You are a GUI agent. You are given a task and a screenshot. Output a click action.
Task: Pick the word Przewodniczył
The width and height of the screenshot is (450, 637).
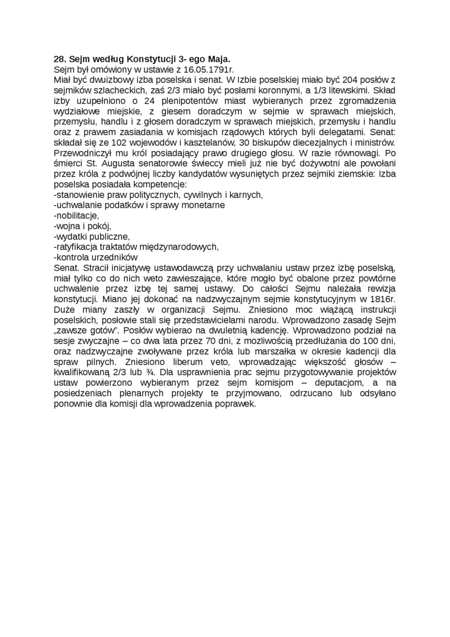(x=82, y=153)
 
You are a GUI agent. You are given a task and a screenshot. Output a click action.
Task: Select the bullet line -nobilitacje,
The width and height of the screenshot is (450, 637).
(x=76, y=215)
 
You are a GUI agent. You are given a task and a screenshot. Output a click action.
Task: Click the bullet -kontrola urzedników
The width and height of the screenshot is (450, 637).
(x=95, y=257)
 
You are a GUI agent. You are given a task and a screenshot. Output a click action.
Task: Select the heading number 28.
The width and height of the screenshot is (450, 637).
(x=59, y=60)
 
